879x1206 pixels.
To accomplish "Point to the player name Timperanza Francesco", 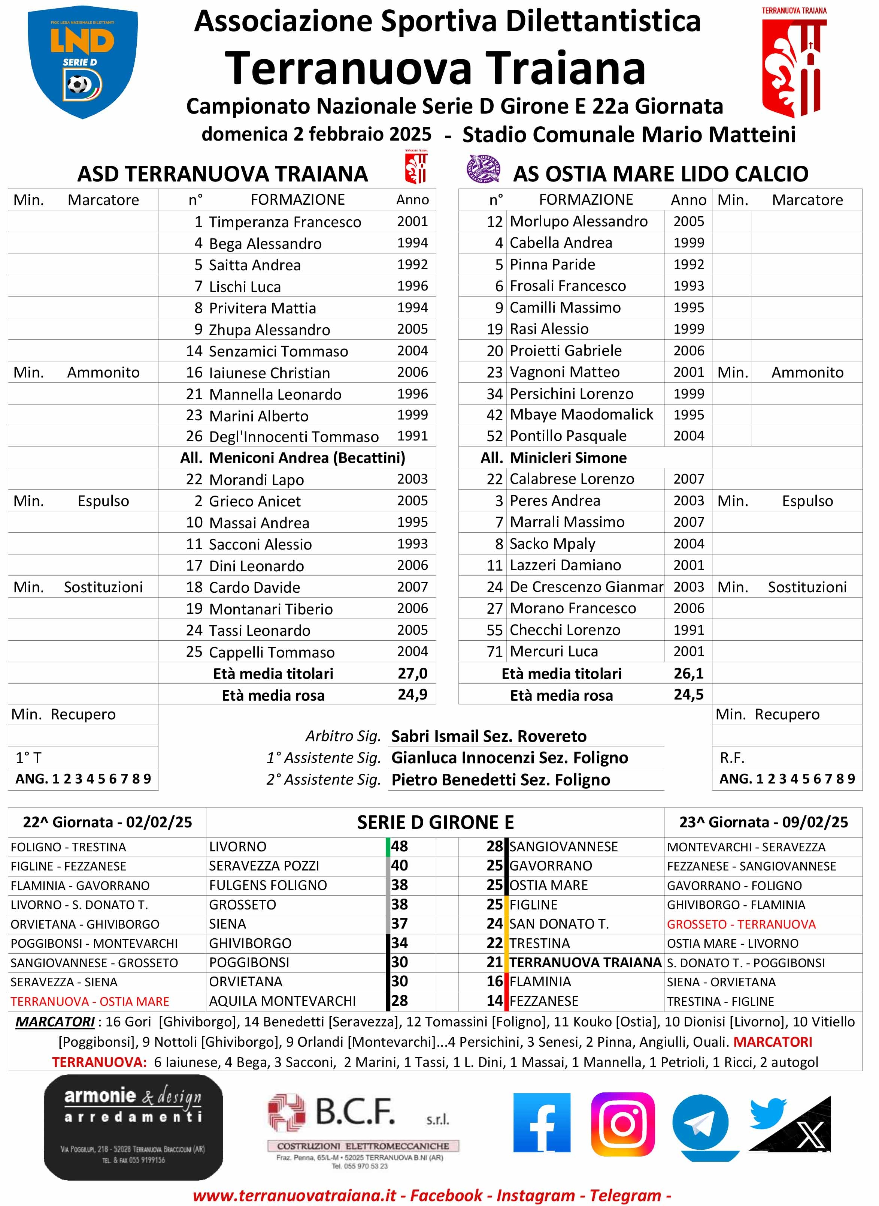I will [x=285, y=222].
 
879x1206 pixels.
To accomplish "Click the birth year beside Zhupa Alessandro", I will [x=412, y=329].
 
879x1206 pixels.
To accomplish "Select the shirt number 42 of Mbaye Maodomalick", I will [x=494, y=415].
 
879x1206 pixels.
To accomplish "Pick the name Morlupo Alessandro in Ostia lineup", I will [x=578, y=222].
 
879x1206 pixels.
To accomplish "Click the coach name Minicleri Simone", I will [x=568, y=458].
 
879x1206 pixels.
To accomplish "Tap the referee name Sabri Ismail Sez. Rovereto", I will [x=488, y=736].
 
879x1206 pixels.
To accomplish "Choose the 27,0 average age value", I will [x=412, y=674].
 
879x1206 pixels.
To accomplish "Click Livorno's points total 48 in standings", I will [x=400, y=846].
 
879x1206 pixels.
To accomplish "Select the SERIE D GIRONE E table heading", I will [x=435, y=822].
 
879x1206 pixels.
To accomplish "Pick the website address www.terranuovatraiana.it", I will [x=294, y=1196].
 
